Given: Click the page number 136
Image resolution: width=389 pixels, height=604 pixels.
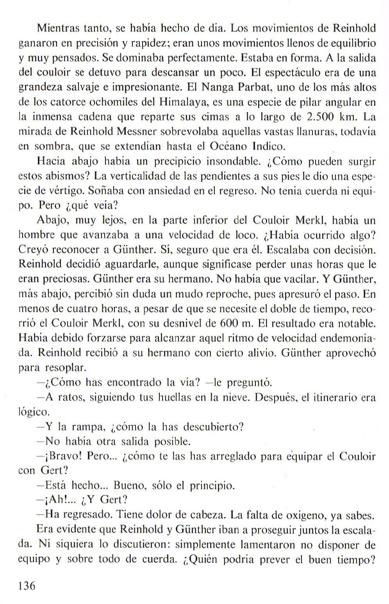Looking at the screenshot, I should (27, 586).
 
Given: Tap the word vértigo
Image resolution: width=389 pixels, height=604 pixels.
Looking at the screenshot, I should (66, 191).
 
